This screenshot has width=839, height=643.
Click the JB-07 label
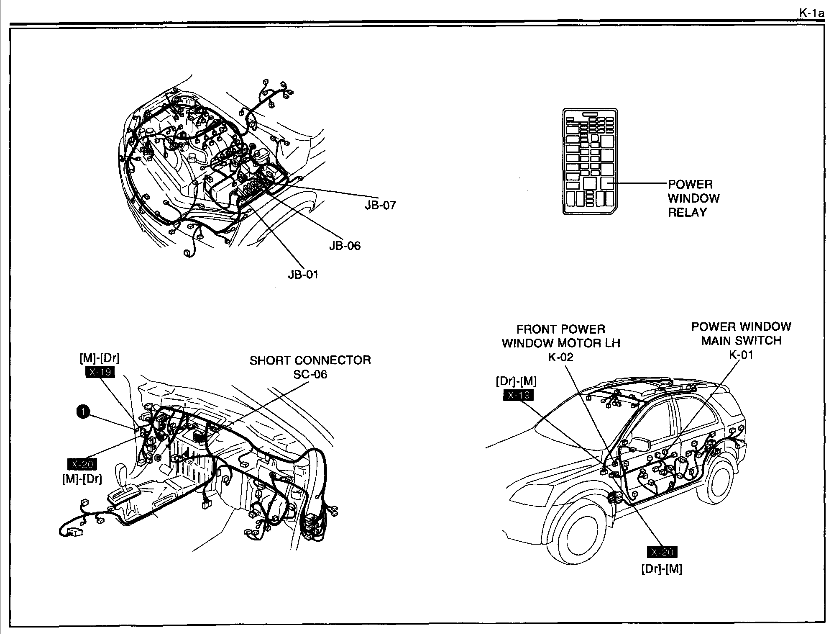pyautogui.click(x=380, y=205)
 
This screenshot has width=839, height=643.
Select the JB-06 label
pyautogui.click(x=345, y=246)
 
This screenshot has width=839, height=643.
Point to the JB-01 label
pyautogui.click(x=303, y=275)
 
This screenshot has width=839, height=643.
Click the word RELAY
pyautogui.click(x=687, y=213)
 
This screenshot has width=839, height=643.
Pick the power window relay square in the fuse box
pyautogui.click(x=607, y=183)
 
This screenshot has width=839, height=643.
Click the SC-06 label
pyautogui.click(x=310, y=374)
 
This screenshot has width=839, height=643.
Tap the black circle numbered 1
pyautogui.click(x=83, y=412)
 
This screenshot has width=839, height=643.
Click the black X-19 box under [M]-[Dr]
pyautogui.click(x=100, y=372)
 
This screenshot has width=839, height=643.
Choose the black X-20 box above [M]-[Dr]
pyautogui.click(x=82, y=464)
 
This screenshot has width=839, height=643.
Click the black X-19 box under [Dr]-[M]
pyautogui.click(x=518, y=395)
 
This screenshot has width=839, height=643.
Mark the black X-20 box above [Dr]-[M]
pyautogui.click(x=662, y=552)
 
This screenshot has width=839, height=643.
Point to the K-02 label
pyautogui.click(x=560, y=357)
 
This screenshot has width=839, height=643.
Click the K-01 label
pyautogui.click(x=741, y=355)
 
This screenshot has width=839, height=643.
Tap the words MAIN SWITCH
pyautogui.click(x=741, y=341)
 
